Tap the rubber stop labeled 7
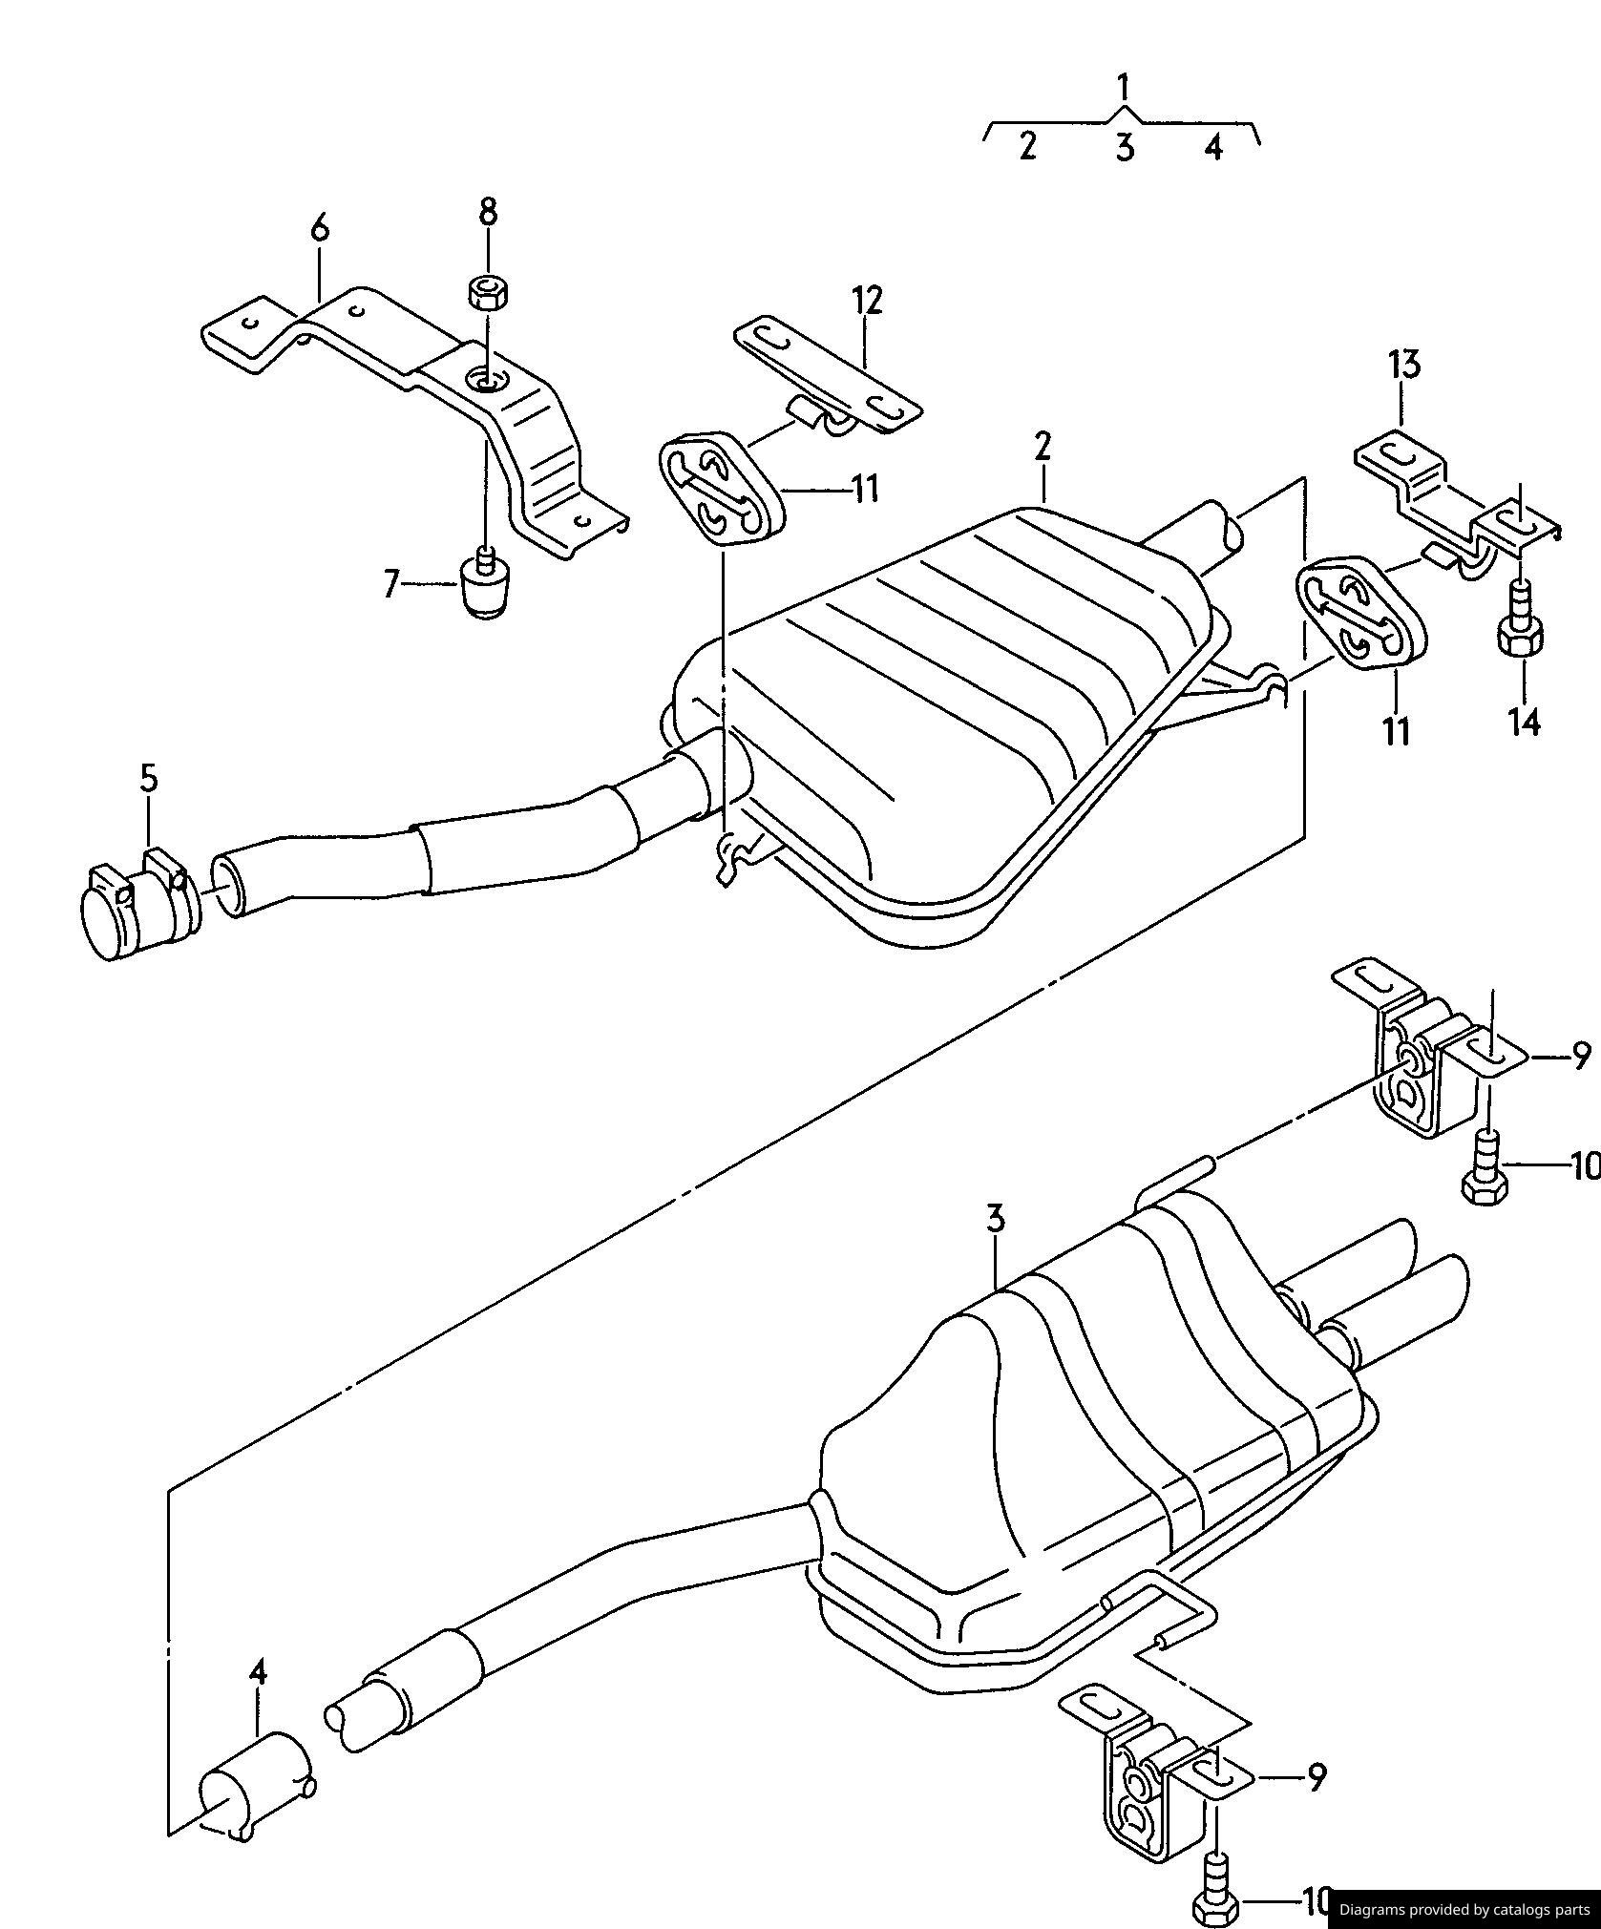[486, 585]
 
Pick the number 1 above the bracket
[1124, 88]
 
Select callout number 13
[1403, 364]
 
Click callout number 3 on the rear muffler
[996, 1219]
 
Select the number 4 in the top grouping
[1212, 147]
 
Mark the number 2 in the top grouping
[1027, 146]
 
